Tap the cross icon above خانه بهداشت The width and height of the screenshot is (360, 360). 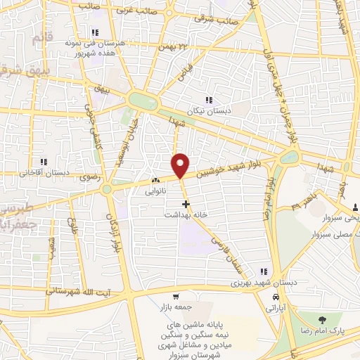click(186, 203)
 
